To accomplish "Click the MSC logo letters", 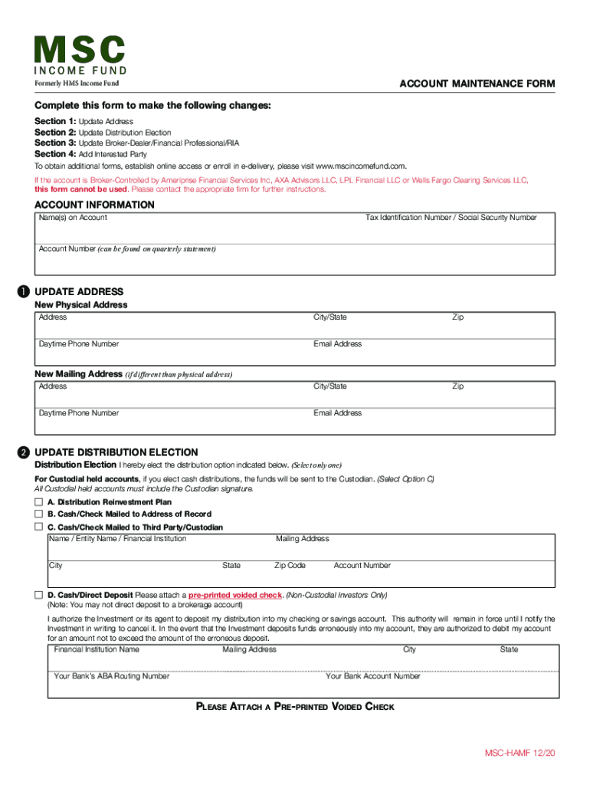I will (x=80, y=51).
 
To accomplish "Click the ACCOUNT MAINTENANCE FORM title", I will (x=477, y=84).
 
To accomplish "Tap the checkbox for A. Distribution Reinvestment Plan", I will (x=38, y=501).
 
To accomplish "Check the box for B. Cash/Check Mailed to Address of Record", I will (x=38, y=514).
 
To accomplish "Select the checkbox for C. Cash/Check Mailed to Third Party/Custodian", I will (x=38, y=527).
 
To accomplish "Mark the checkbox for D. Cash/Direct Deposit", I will (x=38, y=595).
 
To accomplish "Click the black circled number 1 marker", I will (x=24, y=292).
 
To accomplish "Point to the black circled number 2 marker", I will (x=24, y=452).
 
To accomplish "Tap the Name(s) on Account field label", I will (x=73, y=218).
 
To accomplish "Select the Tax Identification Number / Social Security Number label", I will (x=451, y=218).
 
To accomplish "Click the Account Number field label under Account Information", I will (x=67, y=249).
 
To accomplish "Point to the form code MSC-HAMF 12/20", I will (x=519, y=754).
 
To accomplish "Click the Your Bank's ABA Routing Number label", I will (x=112, y=676).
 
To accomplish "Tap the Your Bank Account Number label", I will (x=373, y=676).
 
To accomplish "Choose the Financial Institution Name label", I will (x=97, y=649).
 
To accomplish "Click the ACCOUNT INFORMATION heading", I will (x=95, y=205).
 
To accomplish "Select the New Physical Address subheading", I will (x=81, y=304).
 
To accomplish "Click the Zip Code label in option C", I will (x=290, y=566).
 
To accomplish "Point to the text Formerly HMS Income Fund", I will (x=77, y=84).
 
